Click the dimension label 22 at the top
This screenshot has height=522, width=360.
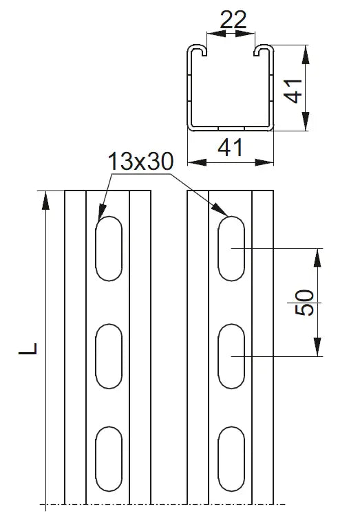coord(233,20)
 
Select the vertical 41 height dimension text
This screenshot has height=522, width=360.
coord(293,91)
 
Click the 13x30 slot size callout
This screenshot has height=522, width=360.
coord(140,161)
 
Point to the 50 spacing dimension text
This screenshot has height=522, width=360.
coord(304,303)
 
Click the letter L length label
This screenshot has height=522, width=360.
coord(28,348)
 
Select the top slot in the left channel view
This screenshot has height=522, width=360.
coord(109,248)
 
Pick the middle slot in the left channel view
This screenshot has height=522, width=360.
coord(109,356)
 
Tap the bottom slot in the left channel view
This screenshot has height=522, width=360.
coord(109,459)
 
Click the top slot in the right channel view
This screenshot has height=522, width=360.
coord(231,248)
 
